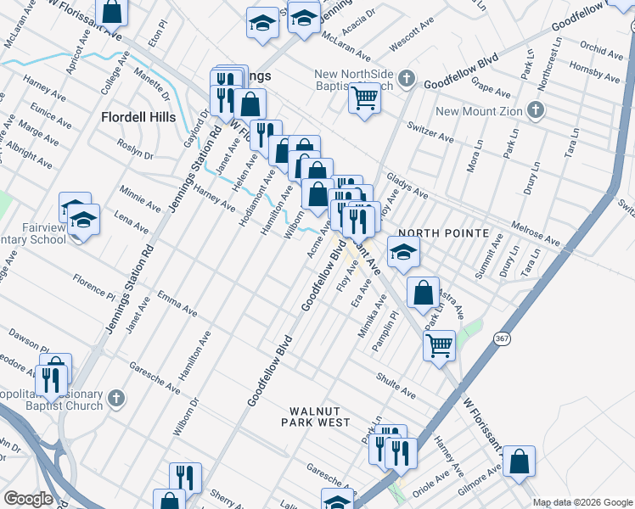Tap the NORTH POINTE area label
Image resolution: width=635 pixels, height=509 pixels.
(443, 233)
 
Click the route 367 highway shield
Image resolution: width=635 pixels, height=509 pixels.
(500, 338)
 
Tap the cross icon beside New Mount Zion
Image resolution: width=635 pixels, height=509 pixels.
(535, 111)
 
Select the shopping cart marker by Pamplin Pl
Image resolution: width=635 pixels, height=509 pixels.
(439, 344)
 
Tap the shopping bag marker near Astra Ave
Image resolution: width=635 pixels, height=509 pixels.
(423, 292)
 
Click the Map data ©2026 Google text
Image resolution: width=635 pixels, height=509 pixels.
(582, 502)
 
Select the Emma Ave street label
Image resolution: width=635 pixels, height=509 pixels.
(177, 303)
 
